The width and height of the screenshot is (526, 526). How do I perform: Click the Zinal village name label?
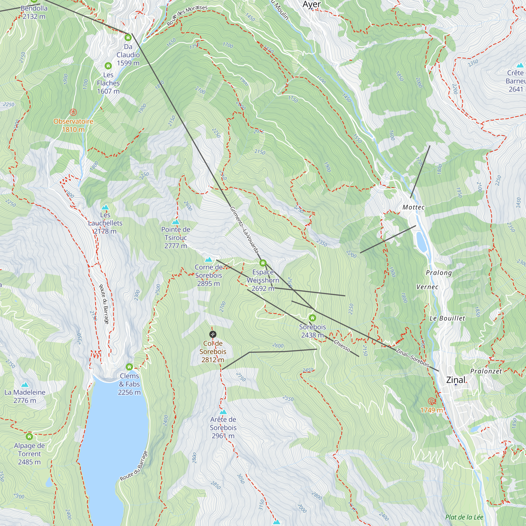456,380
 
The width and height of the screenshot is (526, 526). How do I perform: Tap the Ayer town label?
311,4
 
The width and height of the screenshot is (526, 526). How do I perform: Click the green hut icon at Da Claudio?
128,37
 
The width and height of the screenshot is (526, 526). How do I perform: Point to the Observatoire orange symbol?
73,112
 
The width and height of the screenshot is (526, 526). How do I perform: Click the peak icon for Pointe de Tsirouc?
176,222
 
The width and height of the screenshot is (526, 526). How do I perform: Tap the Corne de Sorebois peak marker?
209,260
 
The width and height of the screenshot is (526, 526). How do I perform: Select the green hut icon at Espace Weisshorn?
263,263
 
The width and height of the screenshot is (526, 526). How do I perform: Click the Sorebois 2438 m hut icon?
312,318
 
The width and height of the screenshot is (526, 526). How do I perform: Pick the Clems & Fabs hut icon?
129,367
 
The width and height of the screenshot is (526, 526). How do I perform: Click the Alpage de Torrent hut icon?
29,436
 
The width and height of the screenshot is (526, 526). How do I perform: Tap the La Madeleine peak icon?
25,385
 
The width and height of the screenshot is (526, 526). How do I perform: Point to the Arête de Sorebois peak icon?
223,412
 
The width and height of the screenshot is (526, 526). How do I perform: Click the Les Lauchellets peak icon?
105,207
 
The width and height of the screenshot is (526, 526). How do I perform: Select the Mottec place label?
413,207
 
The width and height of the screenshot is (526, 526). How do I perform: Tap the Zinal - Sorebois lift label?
412,357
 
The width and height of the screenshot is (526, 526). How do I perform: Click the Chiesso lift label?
342,345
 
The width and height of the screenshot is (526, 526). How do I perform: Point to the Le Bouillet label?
447,318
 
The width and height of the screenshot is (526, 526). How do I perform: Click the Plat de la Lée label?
464,517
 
